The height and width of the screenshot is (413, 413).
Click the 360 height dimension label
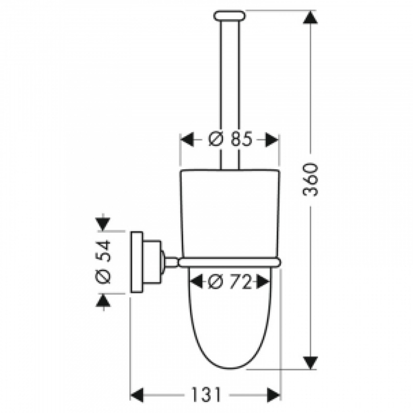[311, 179]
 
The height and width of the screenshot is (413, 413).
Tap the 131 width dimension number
[206, 394]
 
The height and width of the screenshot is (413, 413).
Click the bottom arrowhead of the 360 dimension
[311, 363]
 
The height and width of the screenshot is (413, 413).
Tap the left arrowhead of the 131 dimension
[137, 394]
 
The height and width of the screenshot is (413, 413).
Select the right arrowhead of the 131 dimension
[274, 394]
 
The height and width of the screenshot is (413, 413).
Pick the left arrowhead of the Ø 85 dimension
[187, 139]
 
